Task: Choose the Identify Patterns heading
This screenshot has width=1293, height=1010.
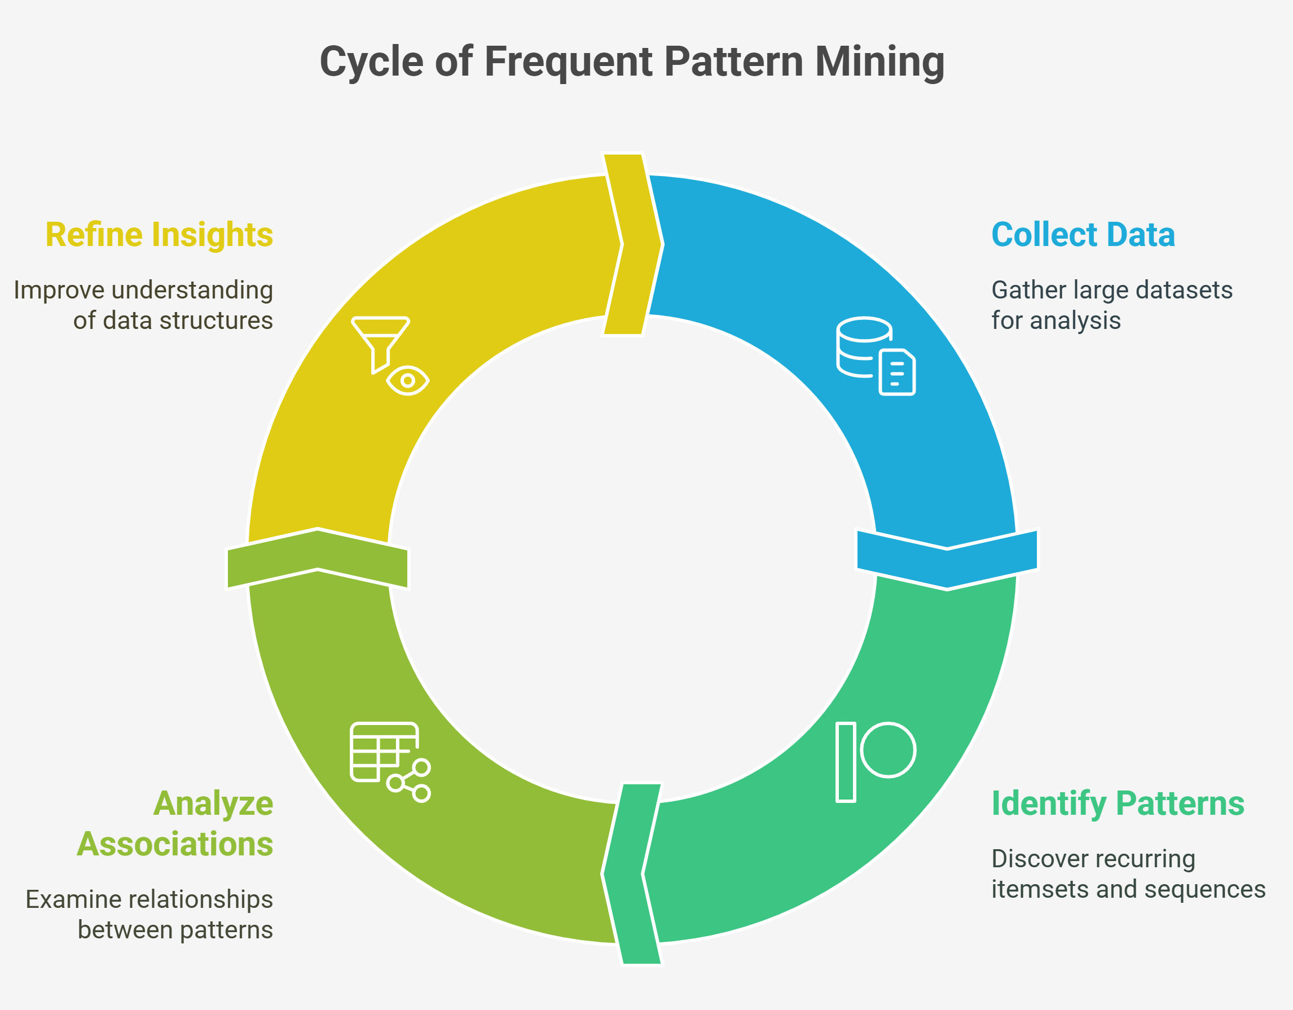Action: (1118, 804)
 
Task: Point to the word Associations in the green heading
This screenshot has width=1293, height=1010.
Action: (175, 844)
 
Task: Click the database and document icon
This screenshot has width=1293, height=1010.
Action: (876, 356)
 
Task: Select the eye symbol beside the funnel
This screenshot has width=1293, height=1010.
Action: (408, 381)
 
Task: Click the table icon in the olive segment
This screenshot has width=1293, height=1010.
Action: (384, 752)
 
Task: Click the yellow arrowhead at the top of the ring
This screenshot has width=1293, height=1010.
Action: (633, 244)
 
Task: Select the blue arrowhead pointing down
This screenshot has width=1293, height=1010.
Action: (947, 560)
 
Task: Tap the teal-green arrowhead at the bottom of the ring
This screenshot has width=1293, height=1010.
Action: (632, 874)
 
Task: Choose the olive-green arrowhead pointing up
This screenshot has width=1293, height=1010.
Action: (318, 558)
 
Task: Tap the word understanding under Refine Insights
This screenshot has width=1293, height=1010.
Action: (192, 291)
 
